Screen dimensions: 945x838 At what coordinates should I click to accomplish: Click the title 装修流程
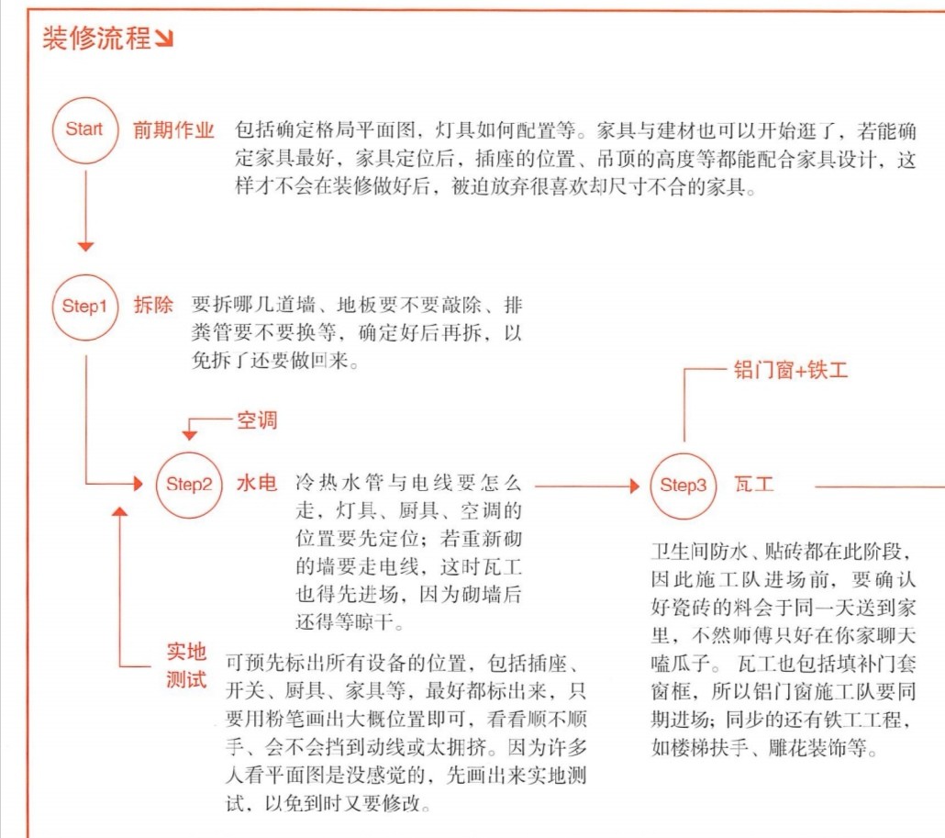[96, 38]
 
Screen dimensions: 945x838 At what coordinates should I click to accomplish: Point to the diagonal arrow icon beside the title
[164, 39]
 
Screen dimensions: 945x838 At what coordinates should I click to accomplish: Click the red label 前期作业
[173, 129]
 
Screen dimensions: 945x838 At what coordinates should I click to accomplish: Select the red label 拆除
[153, 305]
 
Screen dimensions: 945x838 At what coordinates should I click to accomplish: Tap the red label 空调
[257, 420]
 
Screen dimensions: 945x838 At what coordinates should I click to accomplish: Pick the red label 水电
[257, 483]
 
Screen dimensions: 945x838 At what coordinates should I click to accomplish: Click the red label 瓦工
[754, 484]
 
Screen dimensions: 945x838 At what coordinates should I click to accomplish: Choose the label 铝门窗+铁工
[791, 370]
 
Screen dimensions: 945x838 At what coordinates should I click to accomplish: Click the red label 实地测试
[187, 665]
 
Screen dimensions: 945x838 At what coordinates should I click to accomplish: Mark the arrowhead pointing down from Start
[85, 247]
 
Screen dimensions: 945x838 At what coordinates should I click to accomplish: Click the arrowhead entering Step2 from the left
[139, 484]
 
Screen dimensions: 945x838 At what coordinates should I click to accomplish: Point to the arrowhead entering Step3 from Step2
[635, 486]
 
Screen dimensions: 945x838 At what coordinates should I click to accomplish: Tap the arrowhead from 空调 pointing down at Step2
[189, 436]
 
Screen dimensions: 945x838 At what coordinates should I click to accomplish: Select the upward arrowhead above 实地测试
[120, 512]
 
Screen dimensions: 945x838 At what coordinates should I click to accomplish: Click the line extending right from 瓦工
[880, 486]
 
